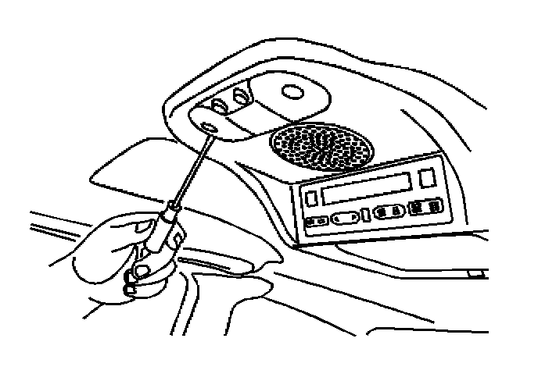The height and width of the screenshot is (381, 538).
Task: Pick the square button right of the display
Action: [427, 177]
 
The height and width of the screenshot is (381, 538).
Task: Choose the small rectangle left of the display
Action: [310, 198]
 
